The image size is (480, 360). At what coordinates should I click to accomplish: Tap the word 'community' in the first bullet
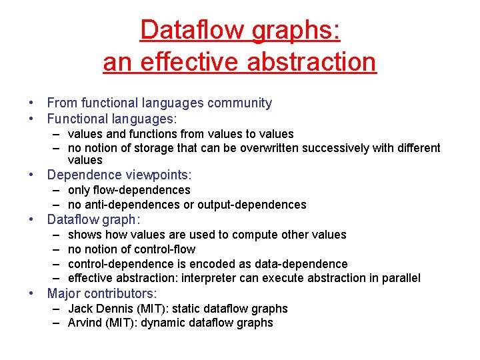pyautogui.click(x=240, y=103)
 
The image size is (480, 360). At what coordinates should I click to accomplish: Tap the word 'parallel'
pyautogui.click(x=400, y=278)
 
